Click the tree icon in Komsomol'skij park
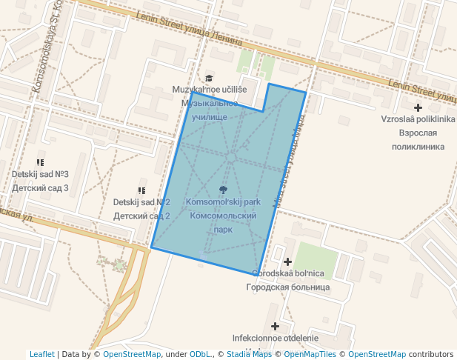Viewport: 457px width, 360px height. click(223, 190)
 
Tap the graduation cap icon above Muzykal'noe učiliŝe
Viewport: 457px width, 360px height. click(209, 78)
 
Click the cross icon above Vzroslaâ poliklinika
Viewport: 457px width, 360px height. click(418, 107)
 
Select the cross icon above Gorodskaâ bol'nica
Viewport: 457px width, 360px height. click(288, 261)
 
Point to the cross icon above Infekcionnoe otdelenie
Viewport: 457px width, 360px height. click(276, 326)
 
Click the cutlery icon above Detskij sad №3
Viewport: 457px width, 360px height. click(40, 162)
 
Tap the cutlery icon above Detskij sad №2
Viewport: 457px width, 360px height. click(141, 190)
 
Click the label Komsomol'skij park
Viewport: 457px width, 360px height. click(223, 202)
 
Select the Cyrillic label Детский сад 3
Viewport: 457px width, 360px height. click(40, 188)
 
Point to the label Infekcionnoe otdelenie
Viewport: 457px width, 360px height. click(275, 338)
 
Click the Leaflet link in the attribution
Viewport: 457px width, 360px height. click(41, 354)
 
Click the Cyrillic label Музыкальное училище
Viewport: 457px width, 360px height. click(210, 110)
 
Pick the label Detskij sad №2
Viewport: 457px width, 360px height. click(141, 202)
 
